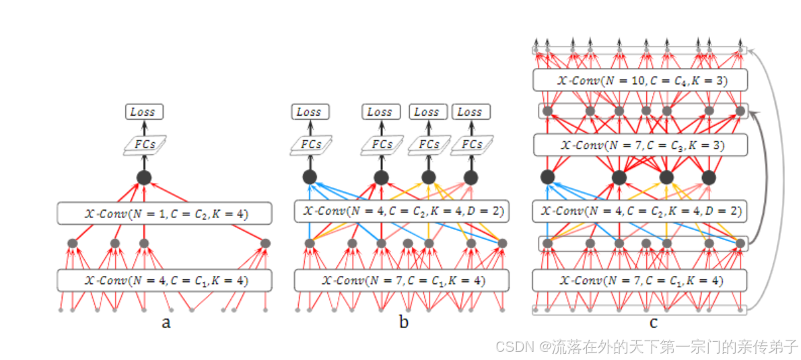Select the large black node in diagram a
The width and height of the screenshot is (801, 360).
tap(144, 178)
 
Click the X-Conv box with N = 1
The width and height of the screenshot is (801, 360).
tap(164, 214)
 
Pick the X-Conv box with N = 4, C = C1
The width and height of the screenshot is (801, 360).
tap(164, 281)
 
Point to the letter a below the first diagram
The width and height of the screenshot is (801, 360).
tap(166, 323)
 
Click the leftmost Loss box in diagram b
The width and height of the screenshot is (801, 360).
tap(308, 112)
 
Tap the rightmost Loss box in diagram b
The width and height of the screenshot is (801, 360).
tap(470, 112)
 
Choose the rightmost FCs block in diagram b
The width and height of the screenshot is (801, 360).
tap(472, 144)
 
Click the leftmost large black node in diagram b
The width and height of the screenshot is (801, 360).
tap(310, 177)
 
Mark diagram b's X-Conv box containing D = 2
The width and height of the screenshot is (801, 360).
tap(401, 211)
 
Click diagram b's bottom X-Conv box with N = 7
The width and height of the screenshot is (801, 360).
tap(401, 281)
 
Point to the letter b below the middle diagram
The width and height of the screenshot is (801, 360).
tap(404, 323)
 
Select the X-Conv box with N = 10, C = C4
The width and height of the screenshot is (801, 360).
tap(640, 80)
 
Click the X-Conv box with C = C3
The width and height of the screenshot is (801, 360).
tap(640, 145)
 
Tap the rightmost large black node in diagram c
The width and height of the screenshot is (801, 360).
tap(708, 177)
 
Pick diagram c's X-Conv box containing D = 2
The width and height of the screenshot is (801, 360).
tap(640, 211)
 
